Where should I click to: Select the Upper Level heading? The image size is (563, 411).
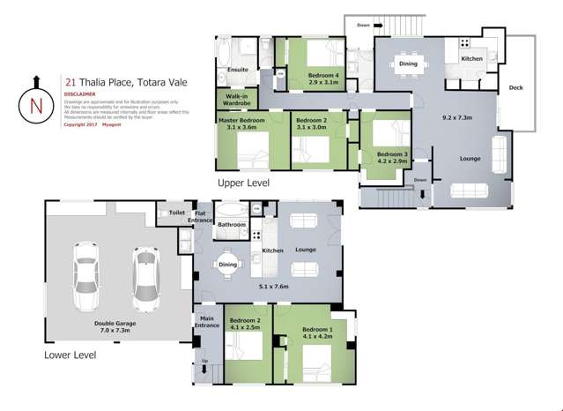[x=244, y=183]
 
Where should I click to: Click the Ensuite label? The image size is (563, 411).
[x=237, y=69]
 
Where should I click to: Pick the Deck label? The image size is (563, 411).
[x=515, y=88]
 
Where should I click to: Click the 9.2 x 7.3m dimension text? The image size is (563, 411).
[x=458, y=117]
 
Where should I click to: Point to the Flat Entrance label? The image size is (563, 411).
[x=200, y=216]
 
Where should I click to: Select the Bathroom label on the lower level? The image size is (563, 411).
[x=232, y=225]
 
